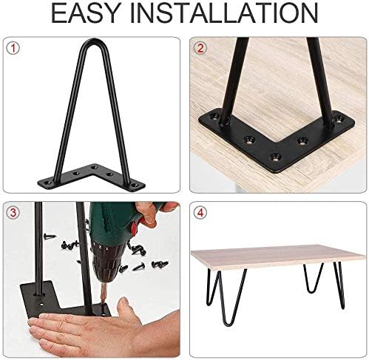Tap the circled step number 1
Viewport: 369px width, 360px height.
point(13,48)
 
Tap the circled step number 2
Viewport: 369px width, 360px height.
point(200,48)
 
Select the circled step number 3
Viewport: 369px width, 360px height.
point(13,213)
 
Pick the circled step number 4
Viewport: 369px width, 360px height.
point(200,213)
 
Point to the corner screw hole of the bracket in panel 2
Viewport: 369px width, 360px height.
point(274,157)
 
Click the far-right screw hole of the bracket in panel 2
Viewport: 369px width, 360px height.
point(338,120)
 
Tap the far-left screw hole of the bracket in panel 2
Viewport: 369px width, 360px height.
point(215,116)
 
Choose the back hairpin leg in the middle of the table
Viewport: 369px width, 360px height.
point(313,278)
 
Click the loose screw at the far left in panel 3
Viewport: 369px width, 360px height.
point(50,237)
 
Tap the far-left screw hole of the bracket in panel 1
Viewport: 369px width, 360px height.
point(47,183)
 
